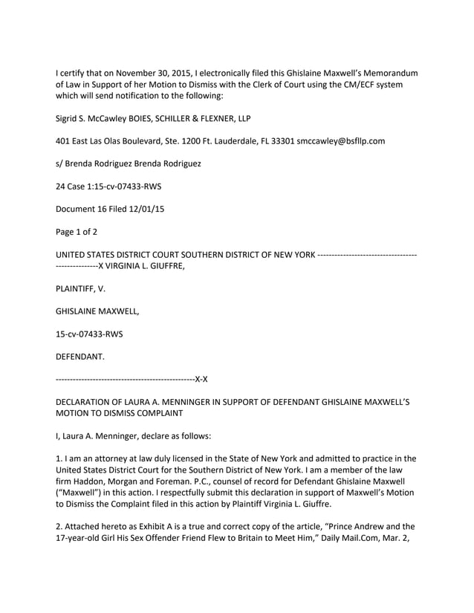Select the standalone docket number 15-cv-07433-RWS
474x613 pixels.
coord(90,334)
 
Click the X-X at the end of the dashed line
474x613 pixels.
coord(201,380)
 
